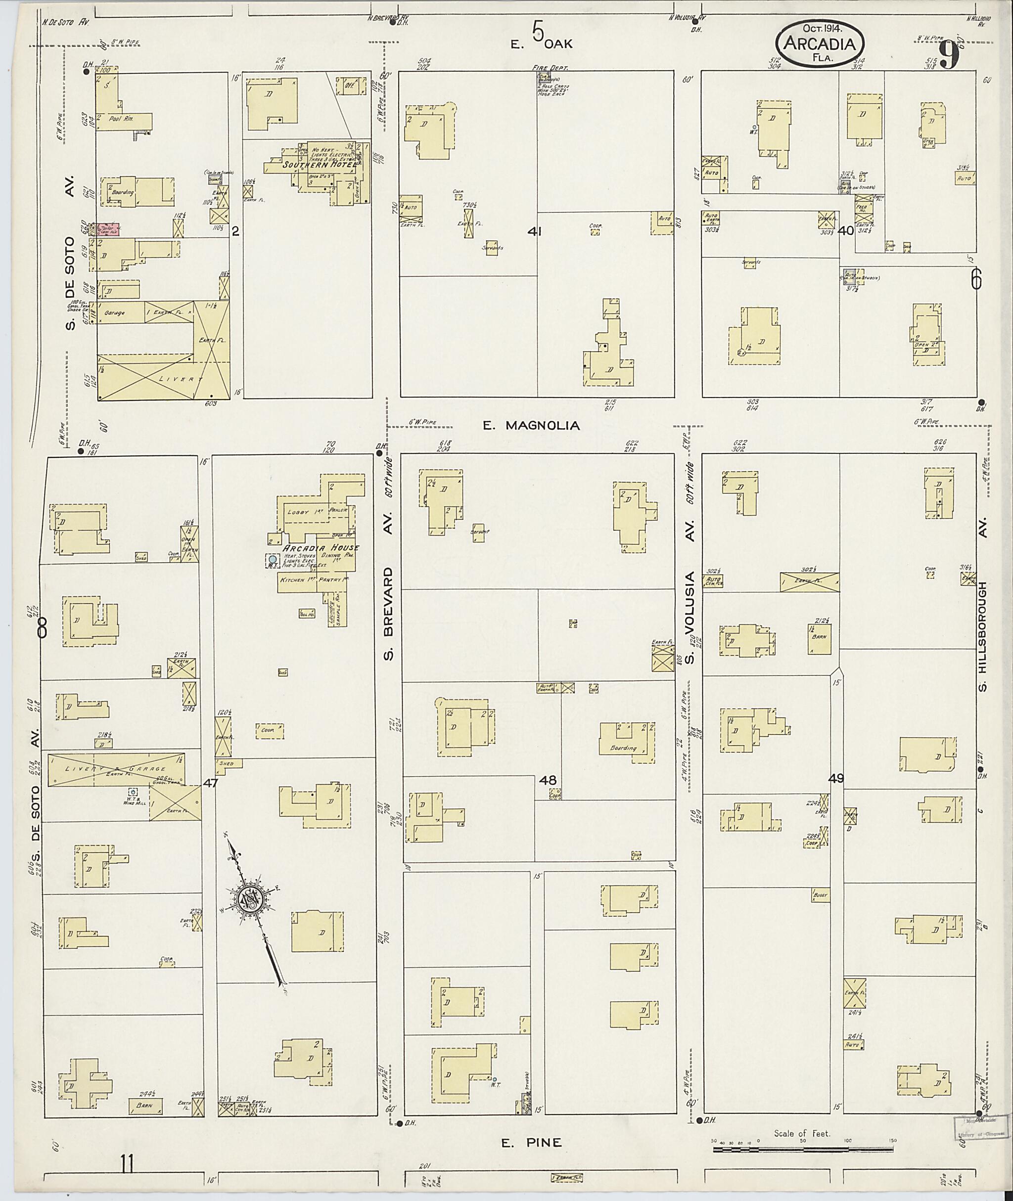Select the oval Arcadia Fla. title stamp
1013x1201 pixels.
tap(820, 43)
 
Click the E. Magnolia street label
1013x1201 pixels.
tap(531, 425)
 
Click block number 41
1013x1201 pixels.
tap(535, 231)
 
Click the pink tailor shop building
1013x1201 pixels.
tap(108, 229)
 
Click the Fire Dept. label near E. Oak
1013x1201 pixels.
tap(550, 68)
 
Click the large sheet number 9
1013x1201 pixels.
tap(949, 56)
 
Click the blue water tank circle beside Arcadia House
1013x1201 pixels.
tap(272, 559)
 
